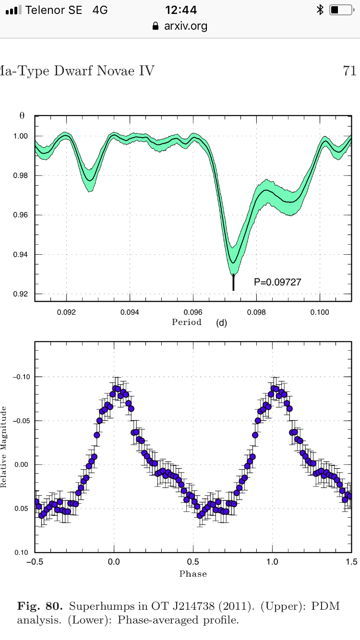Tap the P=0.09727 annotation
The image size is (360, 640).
tap(277, 282)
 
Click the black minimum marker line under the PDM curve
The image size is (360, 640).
tap(233, 282)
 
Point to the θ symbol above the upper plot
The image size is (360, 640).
tap(22, 116)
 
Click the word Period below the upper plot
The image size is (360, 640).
tap(187, 322)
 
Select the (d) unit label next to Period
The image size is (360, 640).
tap(221, 323)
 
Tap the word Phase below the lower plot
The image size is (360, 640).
tap(193, 574)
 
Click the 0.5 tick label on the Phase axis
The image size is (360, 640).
tap(193, 562)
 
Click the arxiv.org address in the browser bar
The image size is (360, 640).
tap(185, 26)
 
